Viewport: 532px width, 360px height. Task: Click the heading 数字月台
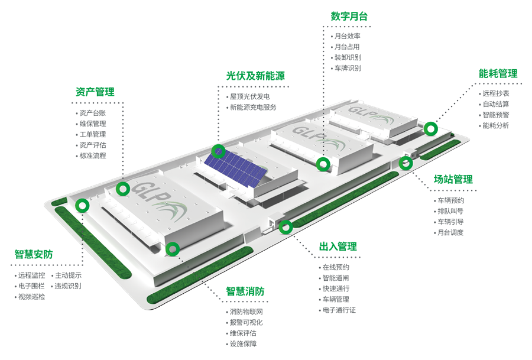[349, 17]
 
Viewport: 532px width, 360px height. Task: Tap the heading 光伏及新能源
[255, 76]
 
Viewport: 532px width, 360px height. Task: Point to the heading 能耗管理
[498, 74]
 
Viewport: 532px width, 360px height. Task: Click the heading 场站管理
[453, 179]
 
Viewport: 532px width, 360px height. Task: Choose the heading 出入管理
[338, 247]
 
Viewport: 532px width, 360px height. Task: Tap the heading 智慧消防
[245, 291]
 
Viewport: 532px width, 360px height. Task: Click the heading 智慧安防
[34, 255]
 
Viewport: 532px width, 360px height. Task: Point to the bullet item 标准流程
[93, 155]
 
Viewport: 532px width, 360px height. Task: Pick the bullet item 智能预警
[495, 115]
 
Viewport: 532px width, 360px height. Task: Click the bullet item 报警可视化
[246, 323]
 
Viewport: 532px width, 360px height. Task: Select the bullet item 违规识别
[68, 286]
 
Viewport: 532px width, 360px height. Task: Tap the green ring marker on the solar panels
[219, 151]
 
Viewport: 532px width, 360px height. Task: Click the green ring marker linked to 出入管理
[286, 226]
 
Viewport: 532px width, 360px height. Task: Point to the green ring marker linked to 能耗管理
[431, 128]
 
